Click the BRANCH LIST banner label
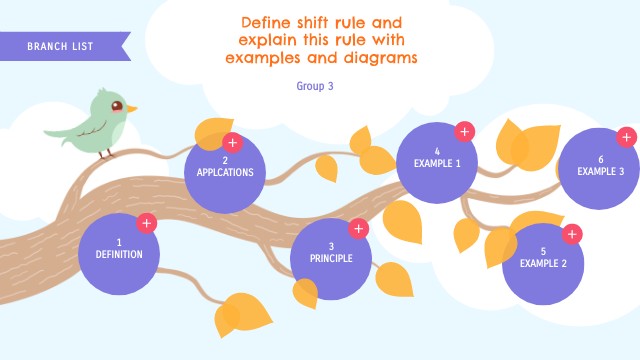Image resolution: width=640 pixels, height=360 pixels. tap(62, 47)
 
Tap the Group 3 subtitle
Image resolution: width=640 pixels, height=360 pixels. tap(314, 86)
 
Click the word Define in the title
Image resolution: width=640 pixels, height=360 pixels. tap(267, 21)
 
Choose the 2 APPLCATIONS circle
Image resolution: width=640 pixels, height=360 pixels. tap(225, 168)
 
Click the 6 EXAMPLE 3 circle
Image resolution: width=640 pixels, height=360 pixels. tap(600, 166)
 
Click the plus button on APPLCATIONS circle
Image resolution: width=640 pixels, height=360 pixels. tap(232, 142)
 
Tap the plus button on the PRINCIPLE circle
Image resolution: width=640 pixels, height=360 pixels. tap(358, 229)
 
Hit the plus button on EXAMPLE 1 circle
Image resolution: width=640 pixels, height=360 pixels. tap(464, 131)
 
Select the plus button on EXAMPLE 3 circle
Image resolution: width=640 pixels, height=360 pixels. tap(627, 137)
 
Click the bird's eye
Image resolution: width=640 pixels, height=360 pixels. tap(117, 105)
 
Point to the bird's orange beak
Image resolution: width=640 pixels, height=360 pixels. tap(131, 108)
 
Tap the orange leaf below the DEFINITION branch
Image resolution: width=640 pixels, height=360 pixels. tap(242, 313)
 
